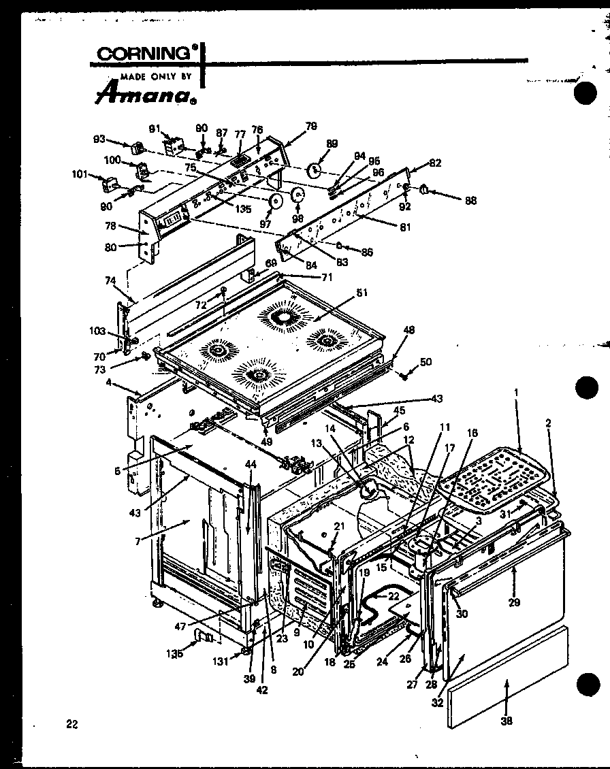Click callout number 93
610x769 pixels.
[99, 140]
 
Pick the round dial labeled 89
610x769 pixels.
[315, 170]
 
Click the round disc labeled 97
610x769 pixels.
[276, 201]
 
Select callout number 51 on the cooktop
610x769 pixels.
[362, 294]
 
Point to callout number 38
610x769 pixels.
[507, 721]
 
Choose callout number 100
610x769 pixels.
[112, 160]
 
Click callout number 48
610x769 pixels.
[408, 330]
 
